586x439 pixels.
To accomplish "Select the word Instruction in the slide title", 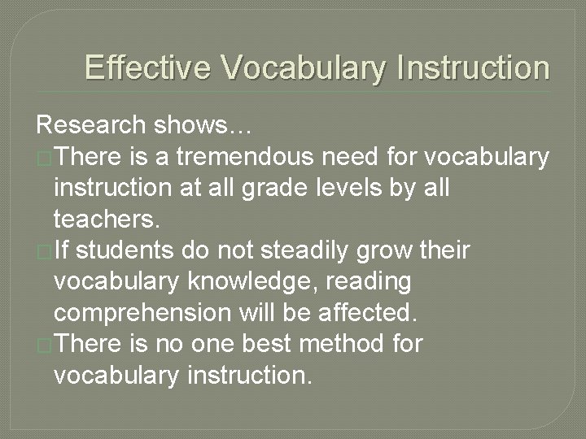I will coord(473,67).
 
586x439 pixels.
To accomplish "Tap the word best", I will coord(264,344).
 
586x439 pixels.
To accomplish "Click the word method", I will coord(343,344).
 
